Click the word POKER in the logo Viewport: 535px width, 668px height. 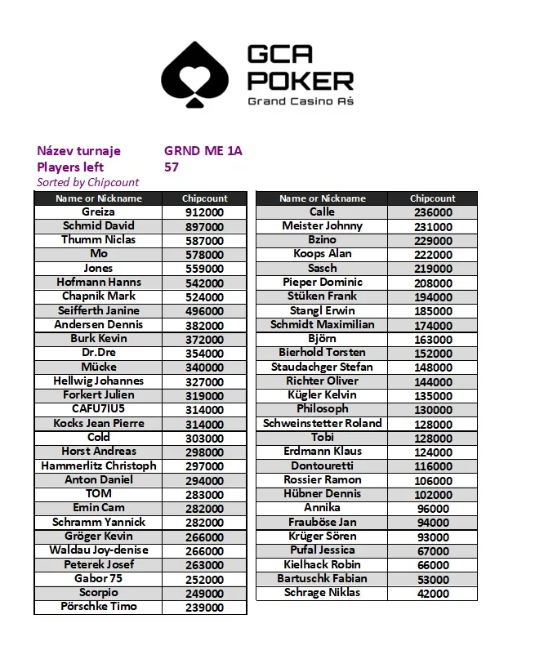coord(300,81)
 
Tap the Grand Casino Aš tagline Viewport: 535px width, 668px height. coord(300,101)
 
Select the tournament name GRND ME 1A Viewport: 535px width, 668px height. coord(203,151)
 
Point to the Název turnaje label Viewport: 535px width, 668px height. coord(78,151)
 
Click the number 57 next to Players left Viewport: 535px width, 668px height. coord(172,167)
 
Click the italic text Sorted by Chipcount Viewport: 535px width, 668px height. coord(88,182)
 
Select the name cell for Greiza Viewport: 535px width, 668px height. coord(98,212)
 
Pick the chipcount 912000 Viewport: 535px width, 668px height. coord(204,212)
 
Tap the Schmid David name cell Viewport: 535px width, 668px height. coord(98,225)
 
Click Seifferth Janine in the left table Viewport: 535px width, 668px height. coord(98,310)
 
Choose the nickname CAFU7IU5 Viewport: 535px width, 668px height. coord(98,409)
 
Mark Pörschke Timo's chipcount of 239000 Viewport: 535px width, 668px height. coord(204,608)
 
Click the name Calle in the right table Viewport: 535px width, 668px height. coord(322,212)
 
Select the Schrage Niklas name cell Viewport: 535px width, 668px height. coord(322,593)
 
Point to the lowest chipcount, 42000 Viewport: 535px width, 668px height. coord(433,594)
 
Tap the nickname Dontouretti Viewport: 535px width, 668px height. coord(322,465)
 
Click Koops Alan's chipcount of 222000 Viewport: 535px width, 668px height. coord(433,255)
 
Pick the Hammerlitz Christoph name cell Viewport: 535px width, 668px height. coord(98,465)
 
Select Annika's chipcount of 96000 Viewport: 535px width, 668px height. coord(433,509)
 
